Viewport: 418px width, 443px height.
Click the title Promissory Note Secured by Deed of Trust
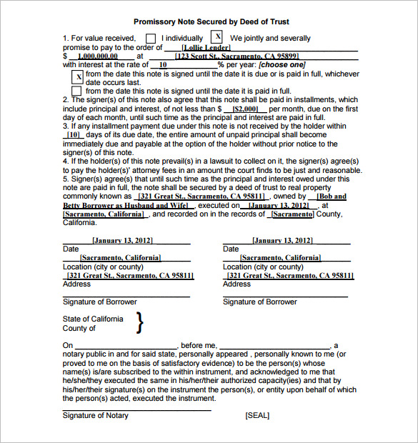tap(211, 22)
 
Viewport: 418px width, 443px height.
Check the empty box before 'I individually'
tap(151, 39)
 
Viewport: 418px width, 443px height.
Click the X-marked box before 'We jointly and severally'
tap(218, 37)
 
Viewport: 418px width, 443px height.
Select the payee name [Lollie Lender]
tap(206, 47)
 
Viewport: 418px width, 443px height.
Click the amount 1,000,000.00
tap(100, 56)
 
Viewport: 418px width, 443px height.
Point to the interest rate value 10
tap(163, 64)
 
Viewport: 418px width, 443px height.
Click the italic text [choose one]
tap(282, 64)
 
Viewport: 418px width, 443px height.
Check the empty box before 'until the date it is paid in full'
tap(77, 91)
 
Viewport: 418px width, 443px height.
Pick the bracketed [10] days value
tap(73, 134)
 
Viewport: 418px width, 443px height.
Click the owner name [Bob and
tap(332, 196)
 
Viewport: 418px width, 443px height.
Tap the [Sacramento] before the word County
tap(292, 214)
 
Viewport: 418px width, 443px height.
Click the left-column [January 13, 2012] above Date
tap(122, 241)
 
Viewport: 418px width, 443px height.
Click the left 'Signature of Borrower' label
tap(99, 302)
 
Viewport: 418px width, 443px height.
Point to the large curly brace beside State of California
tap(139, 324)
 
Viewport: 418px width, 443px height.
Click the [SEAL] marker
tap(257, 415)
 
